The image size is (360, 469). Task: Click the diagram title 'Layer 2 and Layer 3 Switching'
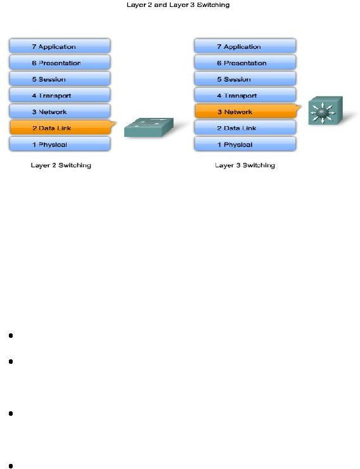tap(178, 5)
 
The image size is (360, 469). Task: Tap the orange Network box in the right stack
tap(247, 112)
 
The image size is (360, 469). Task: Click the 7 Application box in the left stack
tap(60, 46)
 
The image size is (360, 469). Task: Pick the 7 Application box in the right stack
tap(245, 46)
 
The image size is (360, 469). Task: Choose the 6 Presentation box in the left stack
tap(60, 63)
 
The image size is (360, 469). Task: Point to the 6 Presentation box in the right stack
tap(245, 63)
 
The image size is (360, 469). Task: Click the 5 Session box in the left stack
tap(60, 79)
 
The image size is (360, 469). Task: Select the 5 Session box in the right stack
tap(245, 79)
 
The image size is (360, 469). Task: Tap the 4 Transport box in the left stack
tap(60, 95)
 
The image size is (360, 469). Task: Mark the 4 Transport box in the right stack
tap(245, 95)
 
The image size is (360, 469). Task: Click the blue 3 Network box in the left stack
tap(60, 112)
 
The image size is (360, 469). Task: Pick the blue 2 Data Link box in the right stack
tap(245, 128)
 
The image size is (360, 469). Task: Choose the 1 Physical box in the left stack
tap(60, 144)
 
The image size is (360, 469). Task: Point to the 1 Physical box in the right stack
tap(245, 144)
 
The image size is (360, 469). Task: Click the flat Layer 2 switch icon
tap(149, 127)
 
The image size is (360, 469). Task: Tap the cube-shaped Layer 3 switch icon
tap(325, 110)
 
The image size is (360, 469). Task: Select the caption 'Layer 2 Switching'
tap(61, 165)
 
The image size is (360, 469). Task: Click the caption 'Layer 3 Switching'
tap(245, 165)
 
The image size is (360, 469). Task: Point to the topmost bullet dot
tap(11, 336)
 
